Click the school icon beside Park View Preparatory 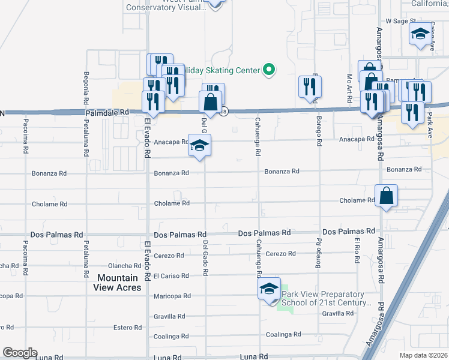(270, 290)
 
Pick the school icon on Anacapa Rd (200, 146)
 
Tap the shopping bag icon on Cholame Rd (386, 196)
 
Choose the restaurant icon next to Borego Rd (310, 87)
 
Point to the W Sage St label (401, 20)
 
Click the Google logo (20, 353)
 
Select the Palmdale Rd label (107, 112)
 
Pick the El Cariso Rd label (172, 276)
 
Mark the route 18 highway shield (224, 111)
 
